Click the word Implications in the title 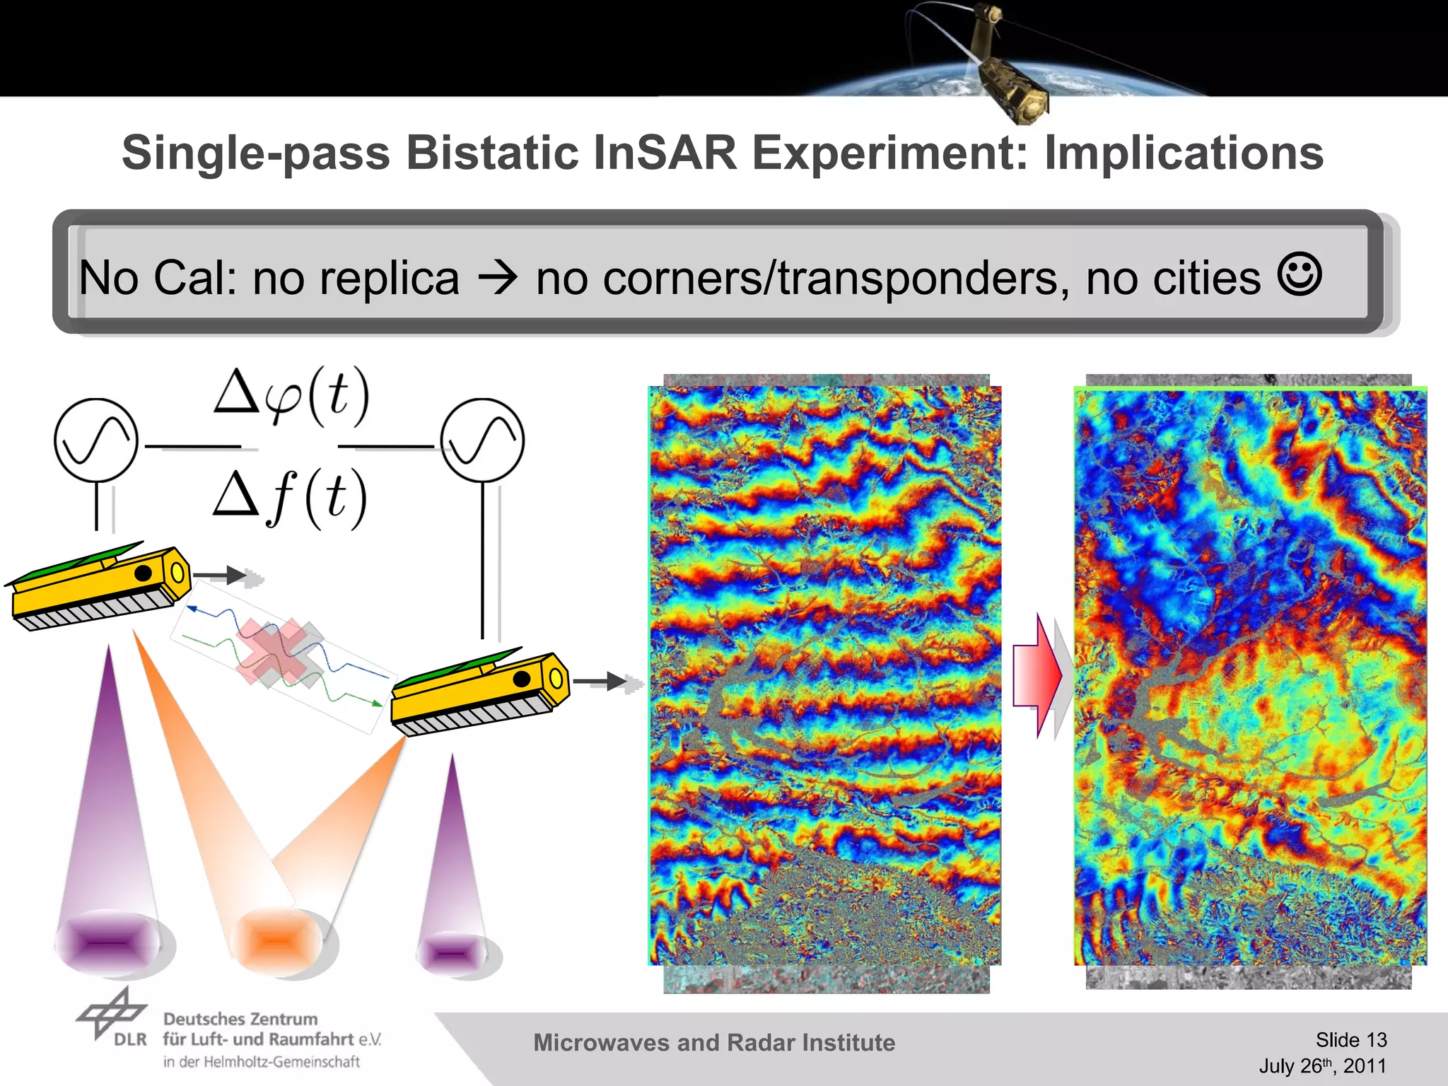[1183, 153]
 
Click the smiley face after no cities [1299, 274]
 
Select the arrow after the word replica [498, 278]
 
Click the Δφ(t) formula [291, 395]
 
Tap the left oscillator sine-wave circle [96, 440]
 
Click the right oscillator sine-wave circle [483, 440]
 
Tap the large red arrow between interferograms [1037, 675]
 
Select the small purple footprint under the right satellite [452, 953]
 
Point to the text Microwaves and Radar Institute [714, 1043]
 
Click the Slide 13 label [1350, 1039]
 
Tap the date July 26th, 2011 [1322, 1065]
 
